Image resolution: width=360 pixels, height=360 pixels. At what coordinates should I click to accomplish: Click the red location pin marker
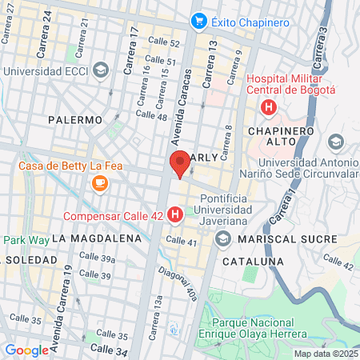pyautogui.click(x=180, y=163)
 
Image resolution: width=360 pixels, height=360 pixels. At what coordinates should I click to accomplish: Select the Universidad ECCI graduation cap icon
pyautogui.click(x=100, y=70)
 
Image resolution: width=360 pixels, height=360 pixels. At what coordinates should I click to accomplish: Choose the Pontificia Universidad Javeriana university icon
pyautogui.click(x=222, y=238)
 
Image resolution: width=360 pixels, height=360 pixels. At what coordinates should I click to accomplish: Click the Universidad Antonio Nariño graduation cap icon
pyautogui.click(x=335, y=142)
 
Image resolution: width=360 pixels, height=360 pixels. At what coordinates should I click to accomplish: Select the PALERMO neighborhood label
pyautogui.click(x=75, y=119)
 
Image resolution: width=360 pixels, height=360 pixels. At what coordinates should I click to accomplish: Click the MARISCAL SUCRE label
pyautogui.click(x=278, y=238)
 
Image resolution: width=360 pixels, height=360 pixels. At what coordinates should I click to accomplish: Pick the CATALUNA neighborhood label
pyautogui.click(x=254, y=261)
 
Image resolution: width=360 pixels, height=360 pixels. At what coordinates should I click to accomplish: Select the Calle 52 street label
pyautogui.click(x=162, y=43)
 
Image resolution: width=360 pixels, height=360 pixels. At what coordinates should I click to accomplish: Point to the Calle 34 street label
pyautogui.click(x=109, y=349)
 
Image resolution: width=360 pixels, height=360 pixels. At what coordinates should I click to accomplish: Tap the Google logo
pyautogui.click(x=26, y=350)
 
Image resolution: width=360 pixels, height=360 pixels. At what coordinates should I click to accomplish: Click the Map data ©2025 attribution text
pyautogui.click(x=325, y=353)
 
